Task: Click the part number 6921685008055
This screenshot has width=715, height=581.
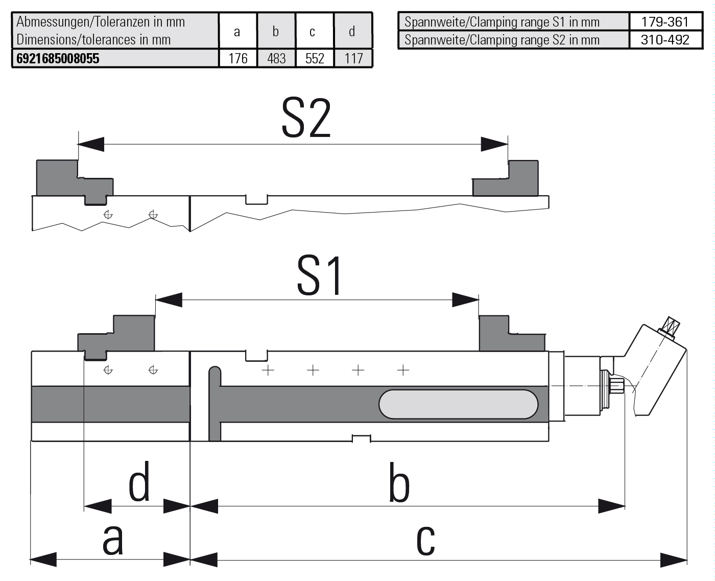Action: tap(58, 58)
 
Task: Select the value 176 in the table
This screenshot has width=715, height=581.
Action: tap(238, 58)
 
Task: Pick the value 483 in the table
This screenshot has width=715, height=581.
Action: tap(276, 58)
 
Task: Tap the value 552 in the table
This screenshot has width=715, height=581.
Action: tap(315, 58)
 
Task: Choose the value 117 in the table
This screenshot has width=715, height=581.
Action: tap(353, 58)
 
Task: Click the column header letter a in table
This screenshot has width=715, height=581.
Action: tap(237, 32)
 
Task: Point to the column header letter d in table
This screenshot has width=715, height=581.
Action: tap(352, 31)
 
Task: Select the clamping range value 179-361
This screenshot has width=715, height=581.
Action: tap(665, 21)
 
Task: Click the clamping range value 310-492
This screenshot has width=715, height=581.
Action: tap(665, 39)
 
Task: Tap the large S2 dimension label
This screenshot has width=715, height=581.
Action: tap(306, 119)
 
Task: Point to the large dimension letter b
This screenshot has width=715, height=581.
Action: tap(399, 483)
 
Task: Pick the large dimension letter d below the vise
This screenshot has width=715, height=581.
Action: tap(139, 481)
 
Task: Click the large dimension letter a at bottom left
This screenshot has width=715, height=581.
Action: tap(112, 539)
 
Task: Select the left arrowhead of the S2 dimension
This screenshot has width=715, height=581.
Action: tap(91, 144)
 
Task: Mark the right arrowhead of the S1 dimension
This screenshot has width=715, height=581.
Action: tap(465, 300)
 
